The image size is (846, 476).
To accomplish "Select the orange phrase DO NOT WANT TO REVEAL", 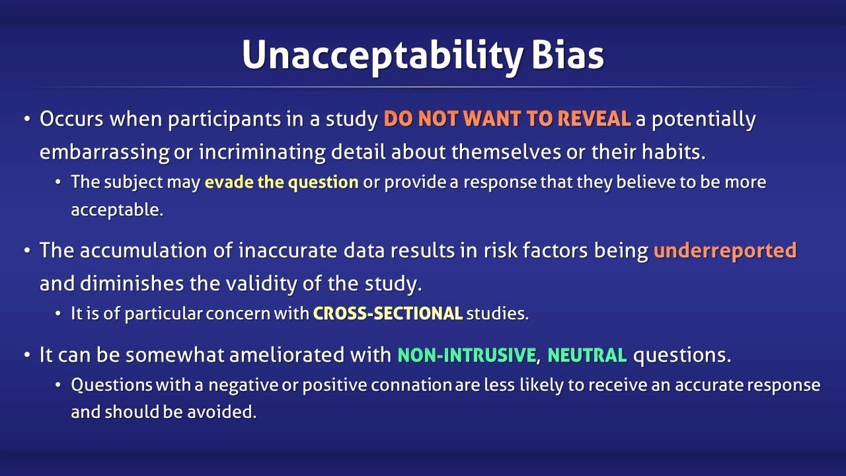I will tap(507, 120).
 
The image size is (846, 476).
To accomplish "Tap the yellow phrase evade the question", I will tap(282, 182).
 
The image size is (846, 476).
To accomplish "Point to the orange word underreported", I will tap(725, 251).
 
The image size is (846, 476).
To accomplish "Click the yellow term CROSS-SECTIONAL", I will tap(387, 314).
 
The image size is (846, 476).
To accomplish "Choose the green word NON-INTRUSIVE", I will tap(466, 355).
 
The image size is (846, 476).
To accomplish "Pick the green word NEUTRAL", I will tap(587, 355).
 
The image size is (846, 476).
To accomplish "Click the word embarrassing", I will tap(104, 152).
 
